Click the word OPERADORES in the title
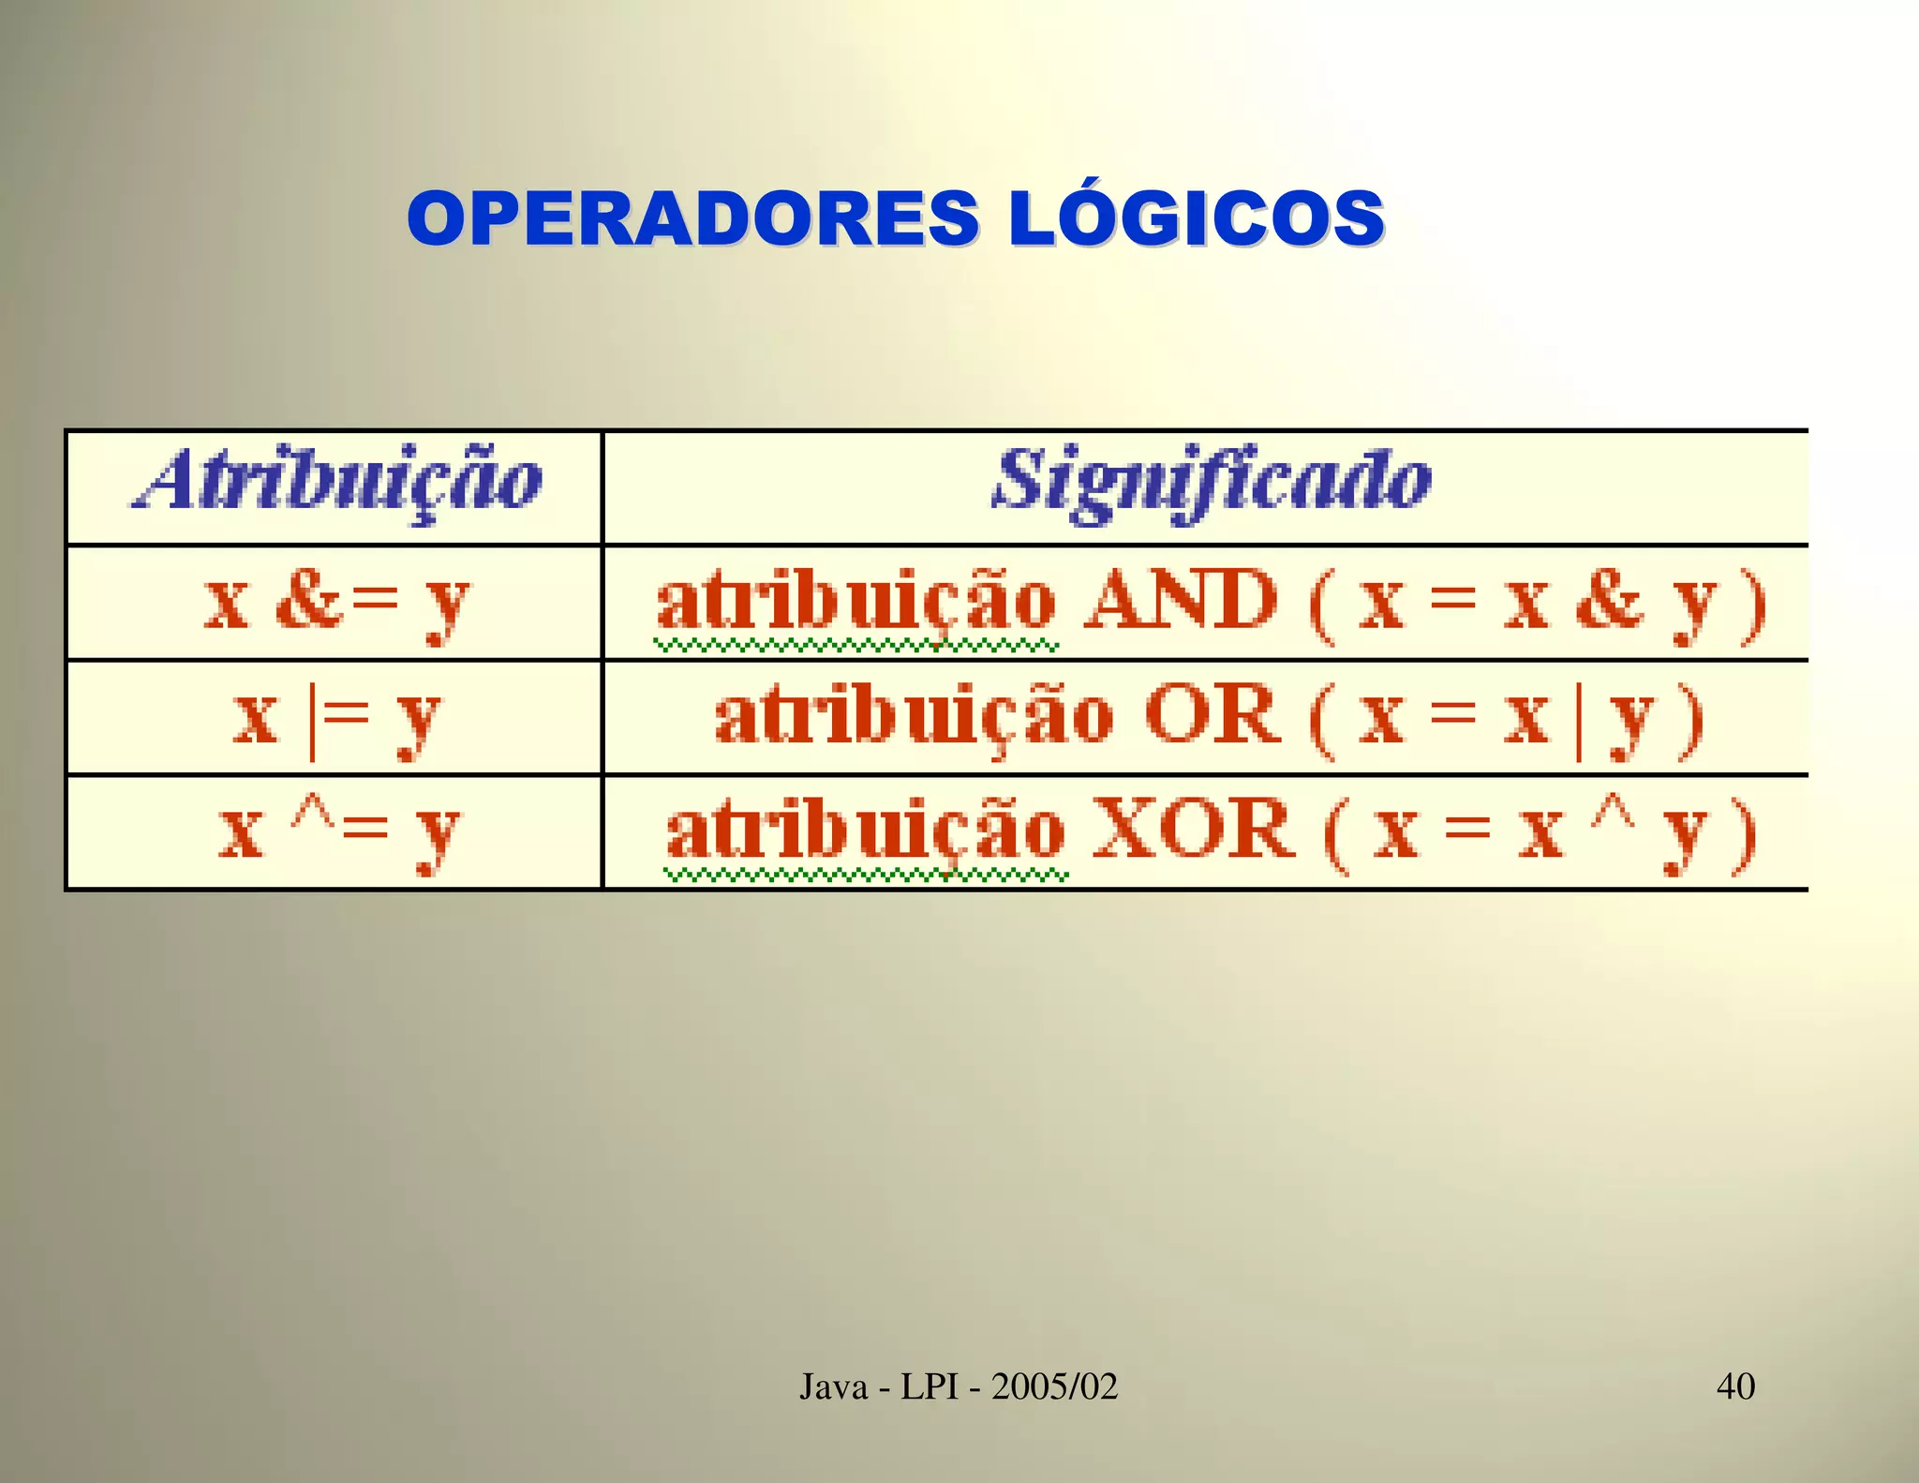coord(693,219)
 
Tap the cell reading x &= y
coord(335,603)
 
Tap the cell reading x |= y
coord(335,719)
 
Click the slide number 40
coord(1735,1386)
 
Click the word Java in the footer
coord(833,1386)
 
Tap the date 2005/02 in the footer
coord(1054,1386)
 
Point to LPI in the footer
coord(930,1386)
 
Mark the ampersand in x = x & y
coord(1608,601)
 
